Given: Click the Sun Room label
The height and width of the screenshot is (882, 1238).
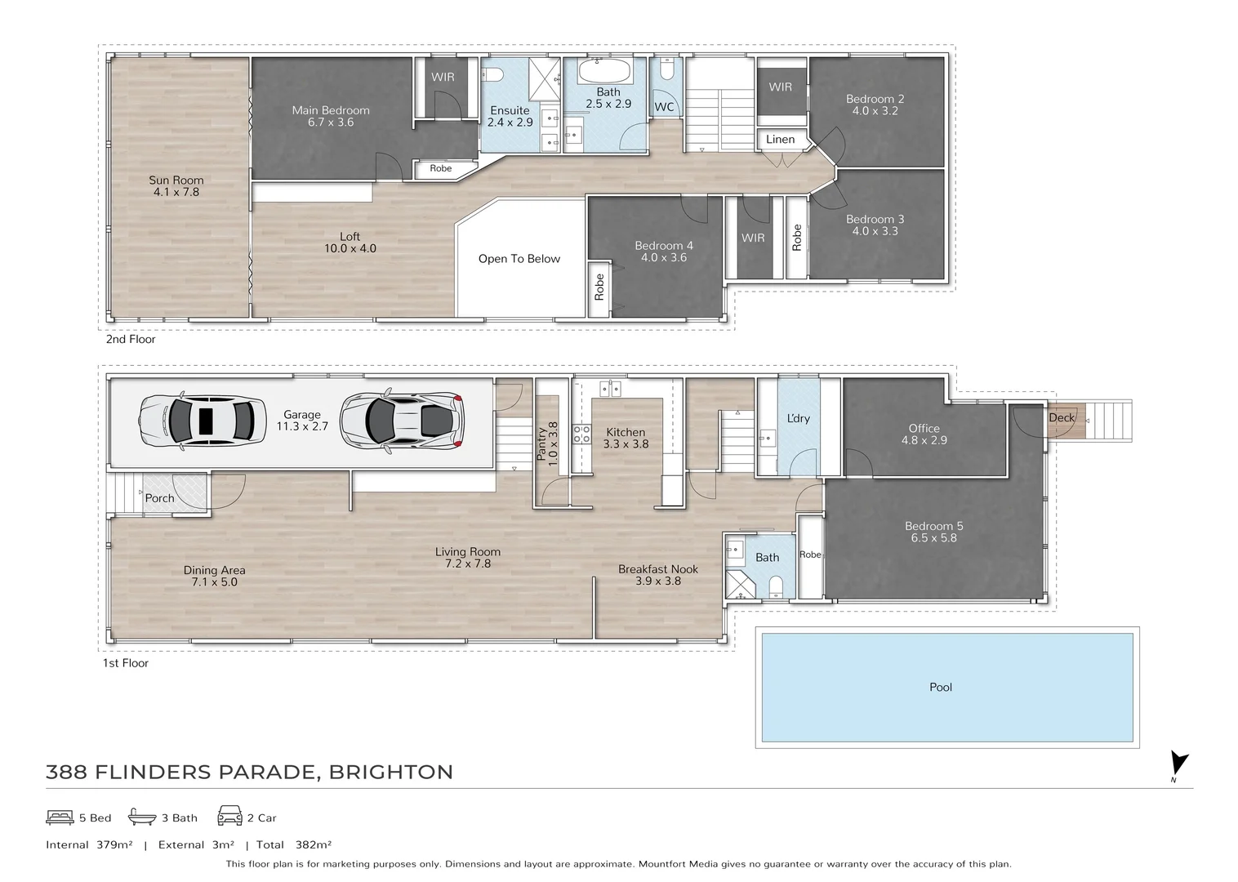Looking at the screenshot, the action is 176,186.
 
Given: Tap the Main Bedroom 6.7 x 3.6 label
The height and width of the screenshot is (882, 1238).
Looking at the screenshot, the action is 331,116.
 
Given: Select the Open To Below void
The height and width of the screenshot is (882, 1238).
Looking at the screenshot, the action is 519,259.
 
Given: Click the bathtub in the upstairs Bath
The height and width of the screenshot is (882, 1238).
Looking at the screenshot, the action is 608,71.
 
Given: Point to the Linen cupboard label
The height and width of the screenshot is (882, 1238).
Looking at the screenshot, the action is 780,140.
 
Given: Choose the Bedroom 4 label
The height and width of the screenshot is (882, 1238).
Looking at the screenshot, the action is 663,252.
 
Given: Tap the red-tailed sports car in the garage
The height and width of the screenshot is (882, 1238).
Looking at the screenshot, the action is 401,420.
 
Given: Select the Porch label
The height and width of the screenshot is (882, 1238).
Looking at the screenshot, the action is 160,498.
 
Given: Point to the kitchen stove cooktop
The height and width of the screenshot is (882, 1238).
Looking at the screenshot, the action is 581,434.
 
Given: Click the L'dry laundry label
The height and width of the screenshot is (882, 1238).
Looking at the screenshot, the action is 798,418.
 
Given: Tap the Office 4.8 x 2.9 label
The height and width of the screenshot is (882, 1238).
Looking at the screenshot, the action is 924,434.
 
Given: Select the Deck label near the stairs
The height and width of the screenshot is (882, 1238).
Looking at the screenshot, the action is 1062,417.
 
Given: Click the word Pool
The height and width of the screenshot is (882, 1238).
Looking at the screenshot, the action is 941,687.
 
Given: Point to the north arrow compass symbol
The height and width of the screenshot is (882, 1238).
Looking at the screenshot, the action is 1178,764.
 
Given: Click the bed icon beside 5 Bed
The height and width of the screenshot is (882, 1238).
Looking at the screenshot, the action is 60,817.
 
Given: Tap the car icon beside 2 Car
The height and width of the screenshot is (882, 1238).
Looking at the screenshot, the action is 229,816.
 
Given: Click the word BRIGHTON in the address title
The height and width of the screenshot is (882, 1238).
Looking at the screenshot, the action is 390,772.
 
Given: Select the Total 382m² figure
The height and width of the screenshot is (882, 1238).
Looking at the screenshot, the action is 293,845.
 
